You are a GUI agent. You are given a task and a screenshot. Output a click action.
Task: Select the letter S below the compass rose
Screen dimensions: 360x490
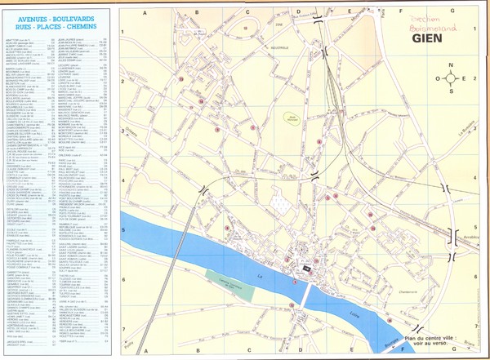tap(450, 91)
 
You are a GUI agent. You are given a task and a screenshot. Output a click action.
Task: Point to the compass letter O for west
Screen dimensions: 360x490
tap(438, 78)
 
